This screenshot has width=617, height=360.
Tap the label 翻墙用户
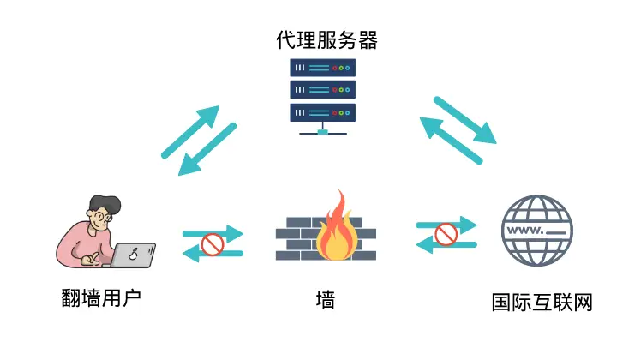tap(101, 298)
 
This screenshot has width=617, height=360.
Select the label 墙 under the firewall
tap(325, 299)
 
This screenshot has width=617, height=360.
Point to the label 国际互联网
tap(542, 303)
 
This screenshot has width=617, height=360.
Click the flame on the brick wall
tap(336, 227)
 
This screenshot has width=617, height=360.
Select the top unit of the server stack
tap(322, 67)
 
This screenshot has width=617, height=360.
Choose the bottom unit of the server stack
tap(322, 111)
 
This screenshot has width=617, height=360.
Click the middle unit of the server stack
tap(322, 89)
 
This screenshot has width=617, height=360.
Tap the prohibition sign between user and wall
tap(212, 245)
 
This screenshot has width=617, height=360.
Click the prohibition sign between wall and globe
tap(445, 233)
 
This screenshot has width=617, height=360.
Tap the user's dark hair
tap(102, 203)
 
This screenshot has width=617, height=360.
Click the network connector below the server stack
tap(322, 131)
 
